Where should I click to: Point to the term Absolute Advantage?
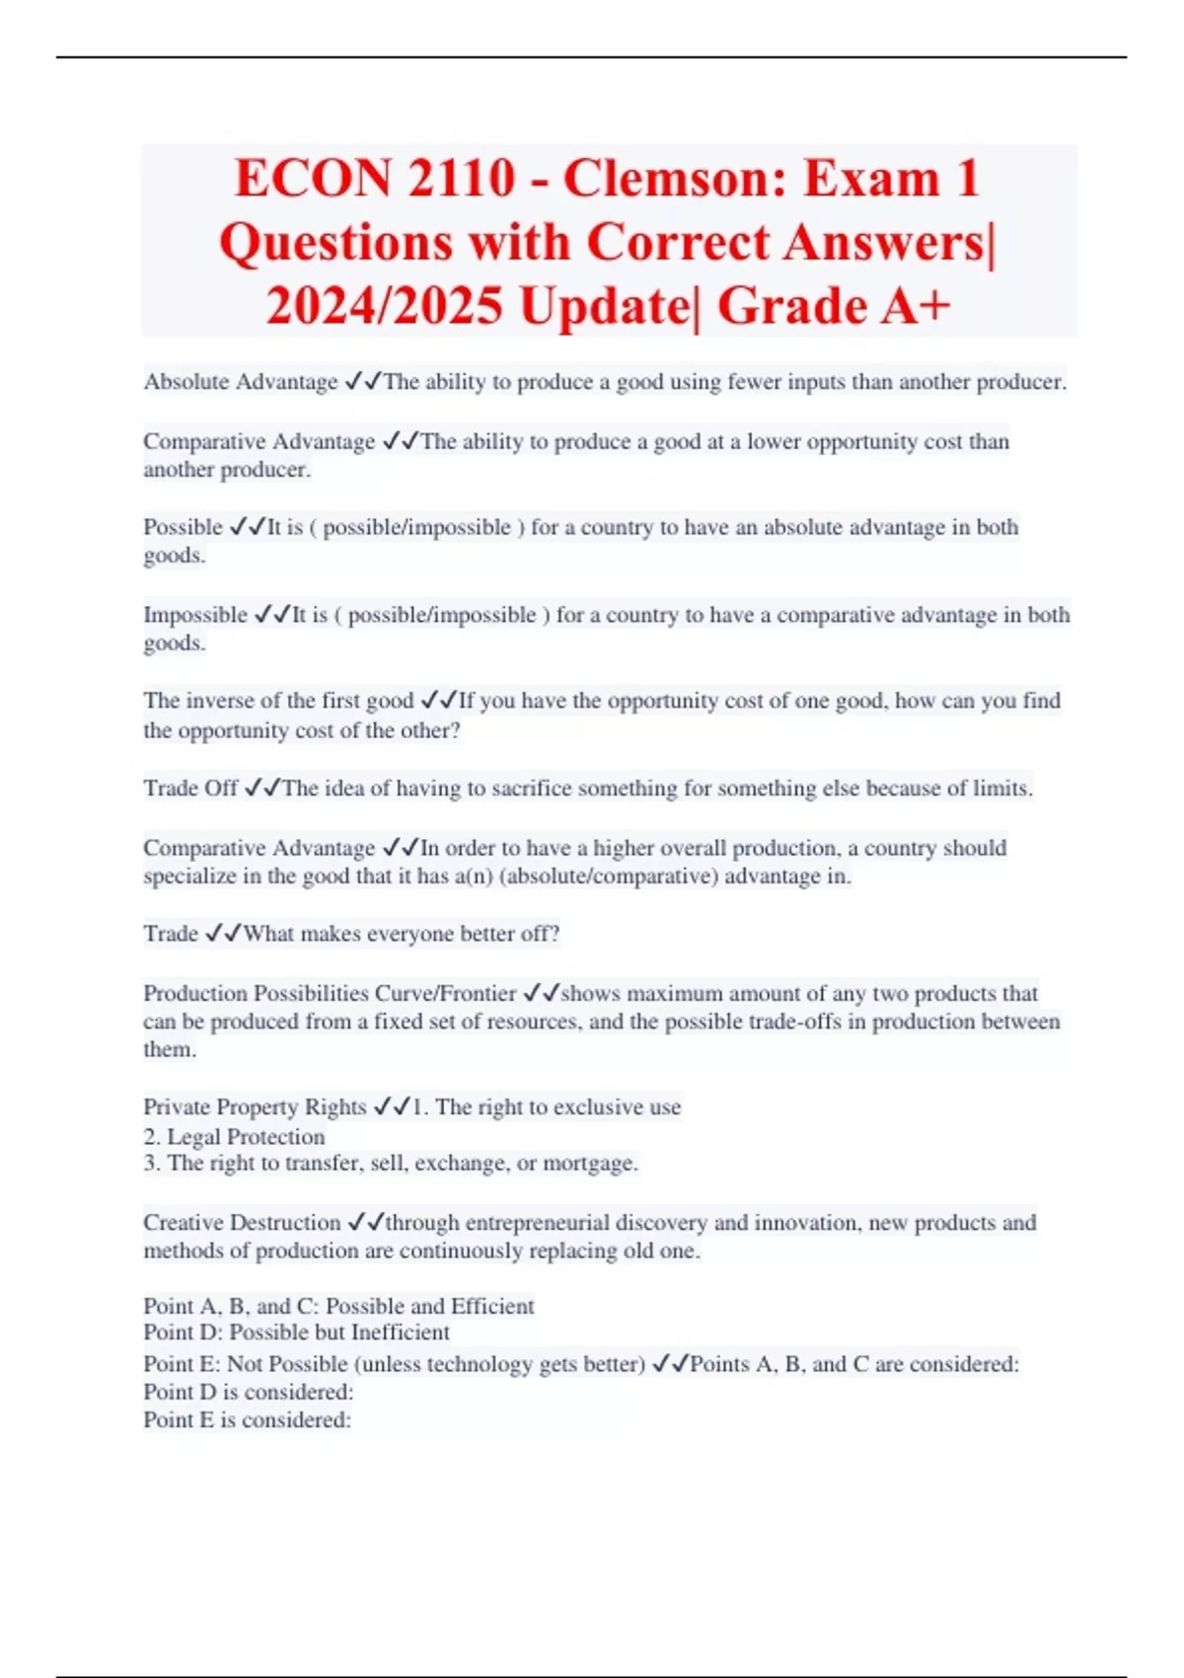[x=241, y=382]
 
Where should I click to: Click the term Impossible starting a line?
[x=195, y=615]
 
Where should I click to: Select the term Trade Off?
[x=190, y=788]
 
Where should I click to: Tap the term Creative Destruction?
[x=242, y=1222]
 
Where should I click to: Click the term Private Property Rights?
[x=255, y=1106]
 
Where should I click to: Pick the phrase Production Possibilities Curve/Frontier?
[x=330, y=993]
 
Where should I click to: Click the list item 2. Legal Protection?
[x=234, y=1136]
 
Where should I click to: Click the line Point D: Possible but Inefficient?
[x=296, y=1333]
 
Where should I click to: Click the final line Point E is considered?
[x=247, y=1419]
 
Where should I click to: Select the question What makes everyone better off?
[x=402, y=934]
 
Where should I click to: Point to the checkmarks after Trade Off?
[x=262, y=788]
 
